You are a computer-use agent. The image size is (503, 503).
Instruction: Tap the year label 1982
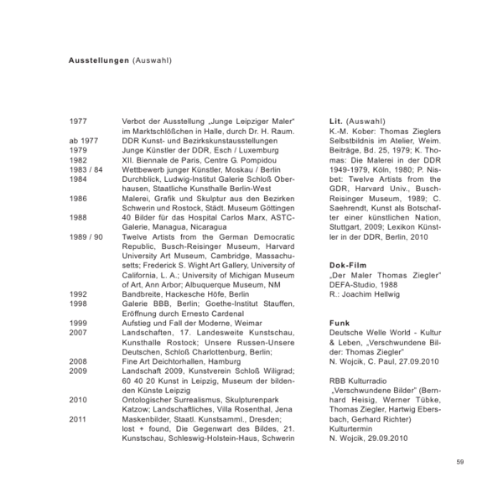coord(77,158)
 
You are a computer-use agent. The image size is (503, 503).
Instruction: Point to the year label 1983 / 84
coord(86,168)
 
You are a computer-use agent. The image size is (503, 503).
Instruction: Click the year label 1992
coord(77,294)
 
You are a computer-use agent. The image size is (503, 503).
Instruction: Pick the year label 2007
coord(77,331)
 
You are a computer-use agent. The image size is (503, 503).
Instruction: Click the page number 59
coord(460,461)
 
